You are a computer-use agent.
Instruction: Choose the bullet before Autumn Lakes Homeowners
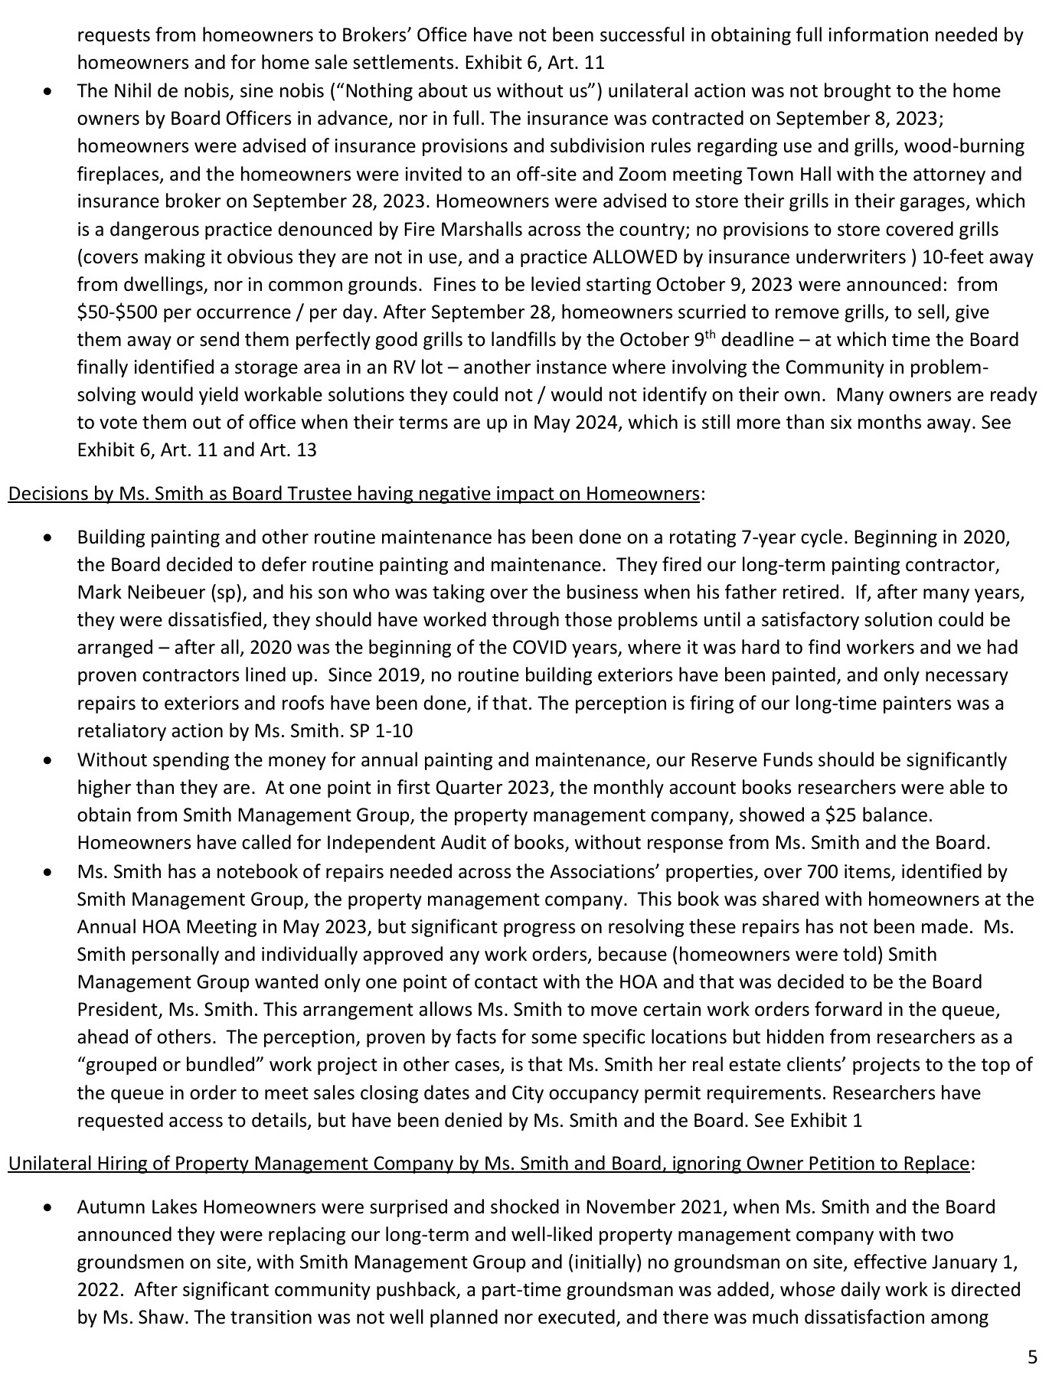pyautogui.click(x=48, y=1208)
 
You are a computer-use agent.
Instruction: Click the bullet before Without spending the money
pyautogui.click(x=48, y=761)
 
